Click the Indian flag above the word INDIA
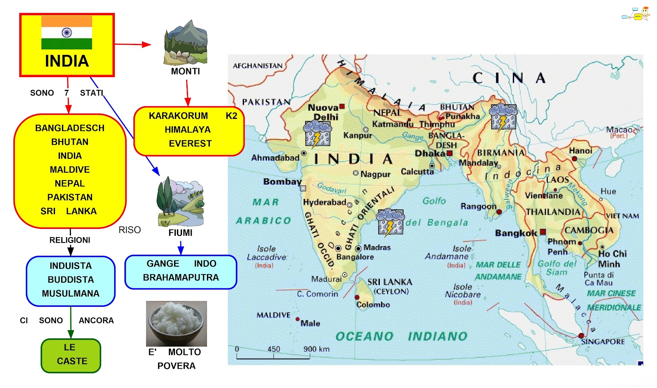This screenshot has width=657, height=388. (67, 32)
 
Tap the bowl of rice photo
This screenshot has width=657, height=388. (177, 324)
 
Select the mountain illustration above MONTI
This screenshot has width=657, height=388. (186, 43)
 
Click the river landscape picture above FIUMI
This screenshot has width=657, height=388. (180, 201)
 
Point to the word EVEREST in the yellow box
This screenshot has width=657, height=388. (190, 144)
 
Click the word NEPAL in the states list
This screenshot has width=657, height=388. (70, 183)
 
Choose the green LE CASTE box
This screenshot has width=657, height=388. (71, 355)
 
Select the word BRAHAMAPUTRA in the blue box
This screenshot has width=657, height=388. (181, 278)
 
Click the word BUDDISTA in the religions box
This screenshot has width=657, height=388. (71, 280)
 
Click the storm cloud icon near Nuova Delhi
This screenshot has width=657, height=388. (317, 134)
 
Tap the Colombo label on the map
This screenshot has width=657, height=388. (373, 304)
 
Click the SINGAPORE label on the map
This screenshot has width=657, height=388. (603, 341)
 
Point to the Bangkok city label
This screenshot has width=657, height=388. (516, 233)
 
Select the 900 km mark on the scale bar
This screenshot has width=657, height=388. (316, 349)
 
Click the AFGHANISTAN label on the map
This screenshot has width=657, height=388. (257, 66)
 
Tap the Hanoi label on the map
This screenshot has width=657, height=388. (580, 151)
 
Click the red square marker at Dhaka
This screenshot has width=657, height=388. (450, 153)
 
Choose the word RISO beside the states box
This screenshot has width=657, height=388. (130, 230)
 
